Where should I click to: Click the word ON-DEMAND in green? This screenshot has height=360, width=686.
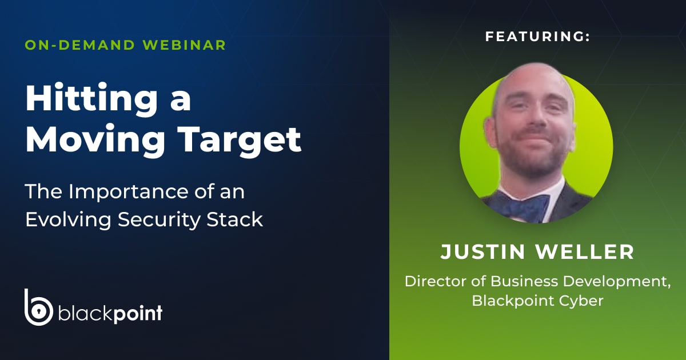click(x=79, y=45)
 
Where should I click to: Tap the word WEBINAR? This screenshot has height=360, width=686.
click(x=184, y=45)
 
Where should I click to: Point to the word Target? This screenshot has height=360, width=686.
click(x=240, y=140)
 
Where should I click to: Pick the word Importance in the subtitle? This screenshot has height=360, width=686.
click(x=128, y=191)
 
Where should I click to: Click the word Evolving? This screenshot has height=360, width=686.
click(x=68, y=220)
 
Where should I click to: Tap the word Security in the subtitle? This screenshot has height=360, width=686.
click(x=159, y=220)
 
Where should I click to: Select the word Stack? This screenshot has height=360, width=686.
click(x=235, y=219)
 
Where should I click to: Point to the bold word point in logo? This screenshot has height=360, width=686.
click(x=138, y=314)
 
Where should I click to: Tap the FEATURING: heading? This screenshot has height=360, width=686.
click(x=537, y=37)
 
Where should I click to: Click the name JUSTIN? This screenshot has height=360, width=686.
click(x=482, y=252)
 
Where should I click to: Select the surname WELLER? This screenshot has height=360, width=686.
click(x=585, y=252)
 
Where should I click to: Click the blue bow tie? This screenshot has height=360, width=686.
click(x=524, y=207)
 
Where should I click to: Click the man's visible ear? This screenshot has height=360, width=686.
click(x=491, y=132)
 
